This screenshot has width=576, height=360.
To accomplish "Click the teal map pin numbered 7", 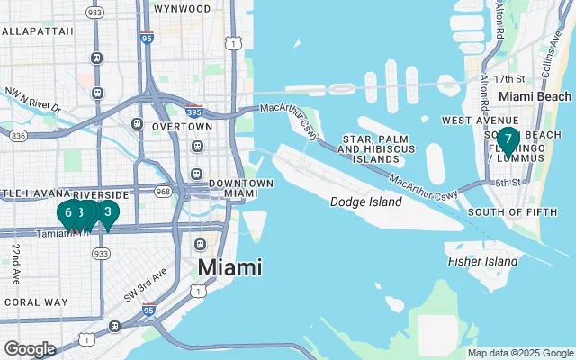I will (508, 140).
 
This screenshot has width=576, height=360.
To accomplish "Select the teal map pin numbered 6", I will (68, 213).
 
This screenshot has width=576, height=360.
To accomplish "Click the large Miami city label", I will (229, 267).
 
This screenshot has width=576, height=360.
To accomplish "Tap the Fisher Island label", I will (482, 261).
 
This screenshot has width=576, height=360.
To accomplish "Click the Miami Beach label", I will (535, 96).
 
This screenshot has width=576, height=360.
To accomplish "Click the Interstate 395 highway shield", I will (195, 113).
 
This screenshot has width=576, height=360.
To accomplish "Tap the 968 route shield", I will (163, 192).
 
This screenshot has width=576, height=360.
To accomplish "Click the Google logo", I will (30, 348).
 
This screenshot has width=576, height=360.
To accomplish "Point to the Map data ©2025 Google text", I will (519, 353).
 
